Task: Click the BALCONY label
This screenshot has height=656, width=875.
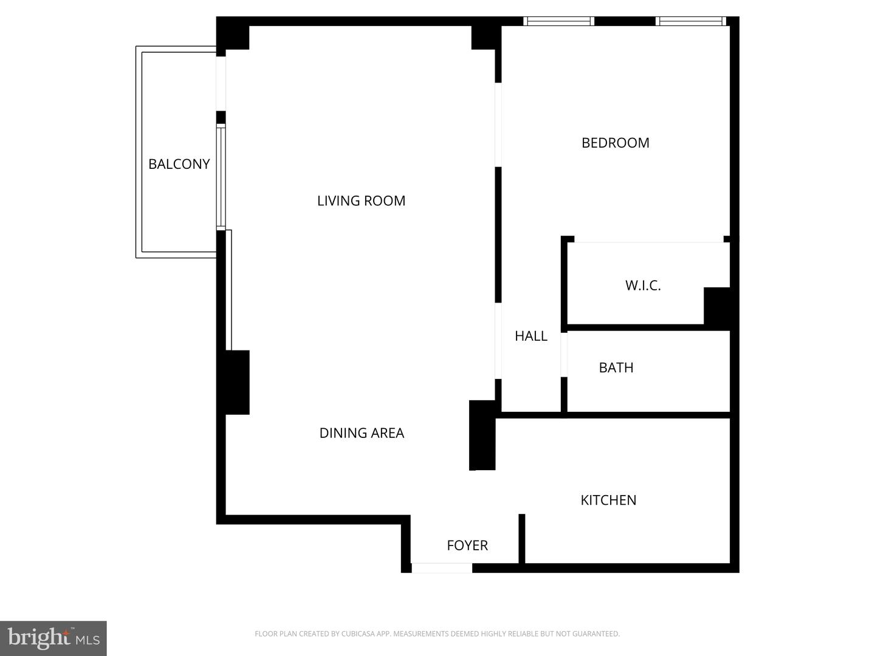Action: [179, 164]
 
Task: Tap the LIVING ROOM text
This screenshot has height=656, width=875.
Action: [361, 201]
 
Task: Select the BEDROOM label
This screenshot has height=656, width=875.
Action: [615, 143]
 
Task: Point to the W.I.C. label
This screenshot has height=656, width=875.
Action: [643, 285]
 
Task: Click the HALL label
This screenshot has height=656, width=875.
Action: [530, 336]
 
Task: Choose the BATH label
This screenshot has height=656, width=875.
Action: [616, 367]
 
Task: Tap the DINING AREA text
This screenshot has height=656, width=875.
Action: [362, 433]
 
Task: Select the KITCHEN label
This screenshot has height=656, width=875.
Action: [608, 500]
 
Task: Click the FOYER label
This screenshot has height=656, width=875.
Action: [467, 545]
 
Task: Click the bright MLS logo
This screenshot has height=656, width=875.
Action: [53, 638]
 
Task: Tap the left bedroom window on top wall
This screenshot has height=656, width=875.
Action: [558, 21]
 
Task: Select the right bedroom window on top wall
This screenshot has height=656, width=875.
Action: [690, 21]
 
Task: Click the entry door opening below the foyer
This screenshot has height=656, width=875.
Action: [442, 568]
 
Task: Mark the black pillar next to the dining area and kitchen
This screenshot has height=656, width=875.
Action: [482, 435]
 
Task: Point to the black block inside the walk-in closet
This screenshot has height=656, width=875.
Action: [716, 306]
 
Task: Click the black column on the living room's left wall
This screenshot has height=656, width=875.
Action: [233, 382]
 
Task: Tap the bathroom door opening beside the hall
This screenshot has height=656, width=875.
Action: [564, 355]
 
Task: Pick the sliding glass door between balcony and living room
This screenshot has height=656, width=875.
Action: [221, 177]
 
